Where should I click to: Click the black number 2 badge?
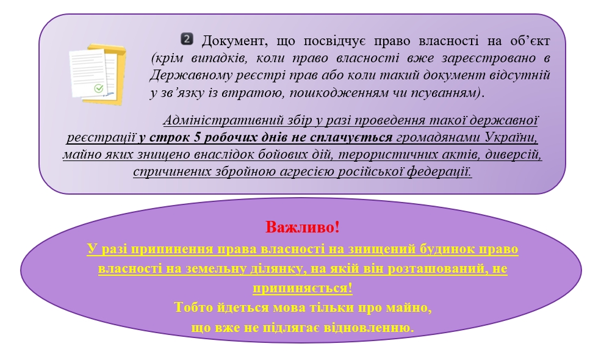point(187,39)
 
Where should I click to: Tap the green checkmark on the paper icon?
point(99,88)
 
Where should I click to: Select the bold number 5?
point(198,137)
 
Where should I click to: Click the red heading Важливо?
point(303,227)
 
